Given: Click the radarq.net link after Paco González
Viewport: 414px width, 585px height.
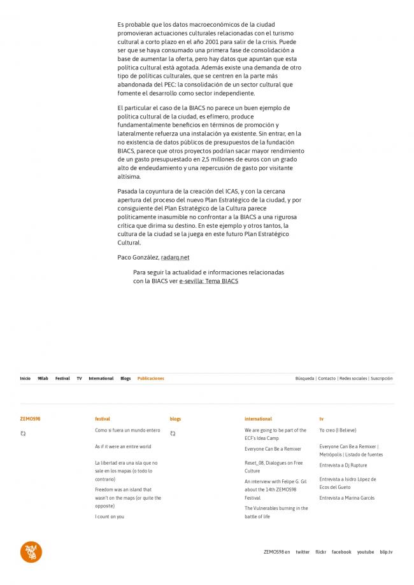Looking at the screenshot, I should [175, 257].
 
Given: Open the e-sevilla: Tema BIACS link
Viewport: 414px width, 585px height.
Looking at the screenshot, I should [208, 281].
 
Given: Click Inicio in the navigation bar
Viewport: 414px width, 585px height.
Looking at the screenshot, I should [25, 378].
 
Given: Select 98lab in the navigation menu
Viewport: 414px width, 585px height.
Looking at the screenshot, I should [43, 378].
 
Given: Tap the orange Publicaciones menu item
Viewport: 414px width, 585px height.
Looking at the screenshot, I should [151, 378].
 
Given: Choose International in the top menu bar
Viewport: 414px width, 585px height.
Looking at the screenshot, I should [101, 378].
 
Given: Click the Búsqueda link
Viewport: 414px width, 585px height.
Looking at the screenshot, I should [304, 378].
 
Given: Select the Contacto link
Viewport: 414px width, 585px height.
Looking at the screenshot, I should [327, 378].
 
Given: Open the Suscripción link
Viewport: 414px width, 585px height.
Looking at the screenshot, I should [382, 378].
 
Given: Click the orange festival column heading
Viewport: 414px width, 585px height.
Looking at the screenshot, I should [103, 419].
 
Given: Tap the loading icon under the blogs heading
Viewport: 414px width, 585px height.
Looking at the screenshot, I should [173, 433].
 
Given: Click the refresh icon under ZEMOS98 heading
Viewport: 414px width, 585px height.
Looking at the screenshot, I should [23, 433].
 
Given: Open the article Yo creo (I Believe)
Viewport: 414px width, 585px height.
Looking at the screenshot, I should [338, 430].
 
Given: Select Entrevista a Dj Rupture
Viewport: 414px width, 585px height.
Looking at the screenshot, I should [343, 465].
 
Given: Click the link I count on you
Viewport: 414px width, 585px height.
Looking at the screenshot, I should [110, 516].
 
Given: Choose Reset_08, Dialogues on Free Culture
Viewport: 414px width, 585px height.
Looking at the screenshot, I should [273, 467].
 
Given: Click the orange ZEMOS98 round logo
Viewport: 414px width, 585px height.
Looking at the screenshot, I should [31, 552].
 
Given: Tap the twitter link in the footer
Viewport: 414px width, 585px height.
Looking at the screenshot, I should [303, 552].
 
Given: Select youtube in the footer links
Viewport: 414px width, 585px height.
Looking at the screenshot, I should [366, 552].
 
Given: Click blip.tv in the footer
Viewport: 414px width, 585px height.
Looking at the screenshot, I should [386, 552].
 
